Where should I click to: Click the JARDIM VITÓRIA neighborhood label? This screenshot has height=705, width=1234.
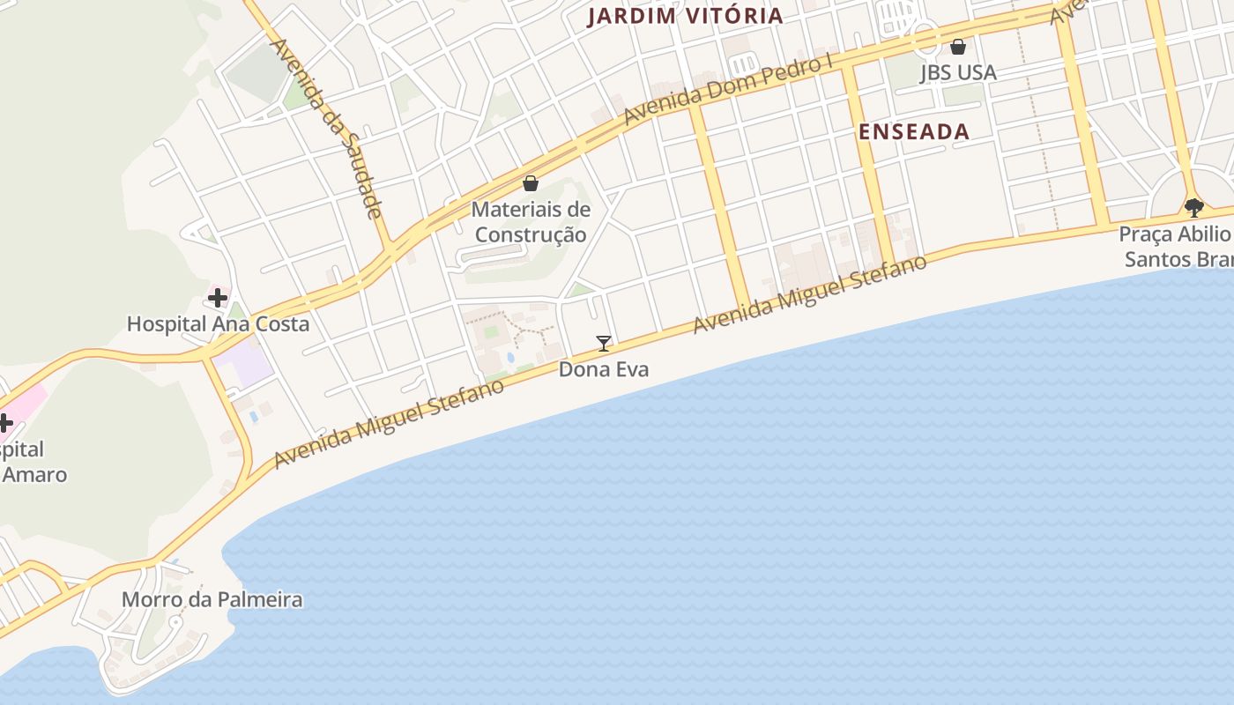pyautogui.click(x=685, y=16)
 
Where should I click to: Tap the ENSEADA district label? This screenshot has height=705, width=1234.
pyautogui.click(x=914, y=132)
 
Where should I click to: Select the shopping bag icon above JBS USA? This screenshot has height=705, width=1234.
pyautogui.click(x=958, y=47)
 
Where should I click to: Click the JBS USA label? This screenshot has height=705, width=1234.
pyautogui.click(x=958, y=72)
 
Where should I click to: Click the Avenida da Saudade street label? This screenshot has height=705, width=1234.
pyautogui.click(x=328, y=128)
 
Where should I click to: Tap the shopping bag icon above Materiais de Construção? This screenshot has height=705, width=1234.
pyautogui.click(x=531, y=183)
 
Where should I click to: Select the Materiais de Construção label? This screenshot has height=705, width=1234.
pyautogui.click(x=531, y=222)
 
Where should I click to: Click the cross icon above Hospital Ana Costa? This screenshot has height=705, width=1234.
pyautogui.click(x=218, y=298)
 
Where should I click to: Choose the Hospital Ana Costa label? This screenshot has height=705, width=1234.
pyautogui.click(x=218, y=323)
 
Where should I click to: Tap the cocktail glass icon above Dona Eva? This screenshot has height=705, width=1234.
pyautogui.click(x=604, y=343)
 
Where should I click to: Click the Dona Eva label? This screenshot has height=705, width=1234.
pyautogui.click(x=604, y=368)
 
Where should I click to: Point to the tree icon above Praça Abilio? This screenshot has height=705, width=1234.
pyautogui.click(x=1194, y=208)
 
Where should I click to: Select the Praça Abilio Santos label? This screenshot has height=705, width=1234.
pyautogui.click(x=1176, y=247)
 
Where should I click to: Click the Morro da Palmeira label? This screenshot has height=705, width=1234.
pyautogui.click(x=212, y=599)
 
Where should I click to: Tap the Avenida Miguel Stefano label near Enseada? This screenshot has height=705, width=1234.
pyautogui.click(x=810, y=294)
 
